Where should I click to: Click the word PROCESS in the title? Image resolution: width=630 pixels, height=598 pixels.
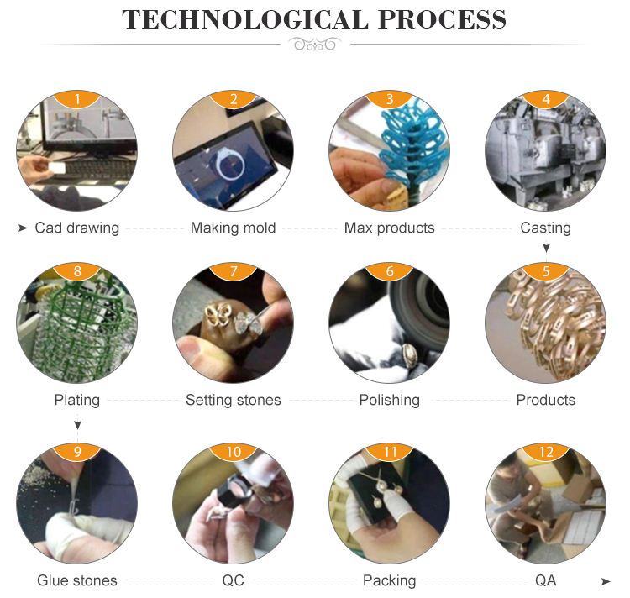(442, 19)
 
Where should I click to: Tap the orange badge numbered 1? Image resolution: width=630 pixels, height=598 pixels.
(77, 99)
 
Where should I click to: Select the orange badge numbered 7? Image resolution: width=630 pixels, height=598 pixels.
(234, 271)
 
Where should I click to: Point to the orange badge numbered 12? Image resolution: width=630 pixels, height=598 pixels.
(546, 452)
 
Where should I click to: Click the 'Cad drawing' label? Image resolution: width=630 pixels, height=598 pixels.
(77, 228)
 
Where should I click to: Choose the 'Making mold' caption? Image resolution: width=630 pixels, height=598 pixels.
(233, 228)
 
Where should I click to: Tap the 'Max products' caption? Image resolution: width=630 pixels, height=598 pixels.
(389, 228)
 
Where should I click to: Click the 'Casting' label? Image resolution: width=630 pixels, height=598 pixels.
(546, 228)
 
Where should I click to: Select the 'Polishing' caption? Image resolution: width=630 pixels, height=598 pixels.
(389, 400)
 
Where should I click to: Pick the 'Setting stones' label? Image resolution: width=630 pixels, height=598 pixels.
(233, 400)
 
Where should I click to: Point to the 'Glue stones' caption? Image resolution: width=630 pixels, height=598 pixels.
(77, 580)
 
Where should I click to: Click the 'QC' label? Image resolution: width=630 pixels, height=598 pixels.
(233, 580)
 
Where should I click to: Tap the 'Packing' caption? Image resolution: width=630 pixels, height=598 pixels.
(389, 580)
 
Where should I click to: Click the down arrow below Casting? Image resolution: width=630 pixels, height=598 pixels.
(546, 248)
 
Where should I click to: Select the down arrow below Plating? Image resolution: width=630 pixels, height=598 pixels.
(77, 424)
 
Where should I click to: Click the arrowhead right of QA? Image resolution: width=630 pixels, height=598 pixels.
(606, 581)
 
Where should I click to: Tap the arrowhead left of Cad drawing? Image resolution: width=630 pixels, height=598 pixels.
(23, 228)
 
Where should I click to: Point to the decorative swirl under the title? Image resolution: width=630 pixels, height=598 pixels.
(315, 44)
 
